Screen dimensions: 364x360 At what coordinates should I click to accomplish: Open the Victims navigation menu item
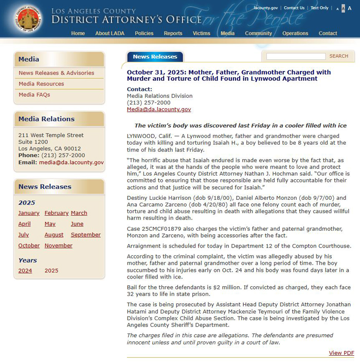click(x=201, y=33)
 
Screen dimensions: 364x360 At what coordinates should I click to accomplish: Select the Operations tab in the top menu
click(x=295, y=33)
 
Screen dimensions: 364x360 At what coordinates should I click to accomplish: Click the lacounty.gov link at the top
click(x=266, y=8)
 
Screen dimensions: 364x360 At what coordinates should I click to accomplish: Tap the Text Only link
click(x=319, y=8)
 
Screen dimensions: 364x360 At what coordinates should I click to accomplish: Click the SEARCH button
click(x=339, y=56)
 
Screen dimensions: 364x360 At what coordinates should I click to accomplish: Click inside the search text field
click(x=296, y=56)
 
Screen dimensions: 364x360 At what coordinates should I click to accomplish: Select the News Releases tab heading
click(x=155, y=57)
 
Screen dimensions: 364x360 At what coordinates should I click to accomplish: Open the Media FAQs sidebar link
click(x=34, y=95)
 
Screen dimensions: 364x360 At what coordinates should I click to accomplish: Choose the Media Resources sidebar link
click(x=41, y=84)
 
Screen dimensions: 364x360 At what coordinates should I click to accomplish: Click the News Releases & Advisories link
click(x=57, y=73)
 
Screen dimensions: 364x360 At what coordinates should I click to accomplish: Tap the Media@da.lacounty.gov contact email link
click(x=159, y=110)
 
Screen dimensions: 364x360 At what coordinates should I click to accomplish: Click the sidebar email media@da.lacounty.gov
click(x=71, y=162)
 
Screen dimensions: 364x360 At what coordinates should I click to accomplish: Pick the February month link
click(x=57, y=213)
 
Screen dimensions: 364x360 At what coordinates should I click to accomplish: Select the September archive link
click(x=86, y=235)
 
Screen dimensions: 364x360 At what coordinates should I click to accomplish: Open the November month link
click(x=59, y=246)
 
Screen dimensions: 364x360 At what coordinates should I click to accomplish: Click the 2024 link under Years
click(x=25, y=271)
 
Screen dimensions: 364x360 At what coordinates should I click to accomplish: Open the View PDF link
click(x=341, y=353)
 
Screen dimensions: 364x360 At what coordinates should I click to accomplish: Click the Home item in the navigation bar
click(x=78, y=33)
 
